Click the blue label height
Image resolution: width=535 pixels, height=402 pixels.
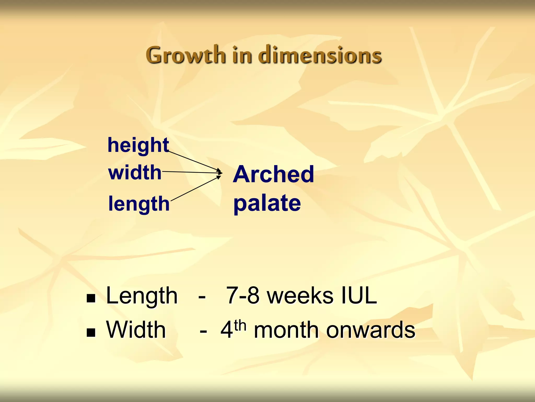(138, 145)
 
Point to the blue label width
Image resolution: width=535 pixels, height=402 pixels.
(135, 173)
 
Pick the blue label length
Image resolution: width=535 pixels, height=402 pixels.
(139, 204)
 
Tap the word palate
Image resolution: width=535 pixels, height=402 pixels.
(267, 204)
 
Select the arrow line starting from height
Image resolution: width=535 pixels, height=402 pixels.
(193, 160)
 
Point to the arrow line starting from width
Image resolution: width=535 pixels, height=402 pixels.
(191, 172)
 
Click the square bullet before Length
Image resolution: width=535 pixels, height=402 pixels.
(91, 298)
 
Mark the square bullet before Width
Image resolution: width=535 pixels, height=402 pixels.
(91, 332)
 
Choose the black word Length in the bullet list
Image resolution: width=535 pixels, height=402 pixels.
(142, 296)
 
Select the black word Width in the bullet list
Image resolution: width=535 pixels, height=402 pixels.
(136, 330)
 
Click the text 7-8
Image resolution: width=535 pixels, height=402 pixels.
(243, 296)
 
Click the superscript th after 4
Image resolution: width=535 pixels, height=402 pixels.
(240, 325)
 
